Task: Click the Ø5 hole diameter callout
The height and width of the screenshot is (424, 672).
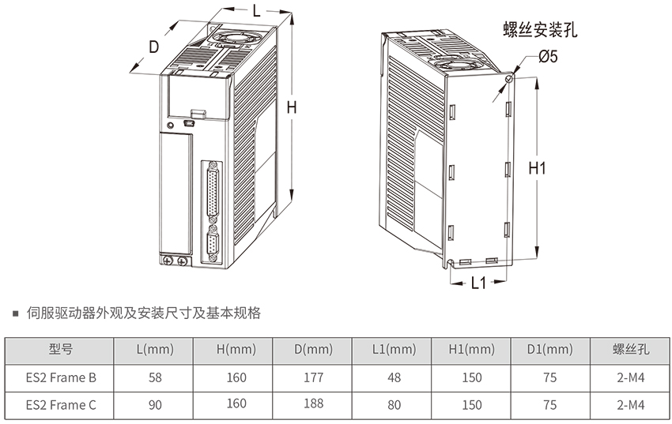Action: click(548, 56)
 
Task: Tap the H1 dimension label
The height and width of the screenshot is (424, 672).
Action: click(537, 168)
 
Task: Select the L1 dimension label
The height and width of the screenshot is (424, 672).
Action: click(479, 283)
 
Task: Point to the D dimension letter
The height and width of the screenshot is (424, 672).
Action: click(153, 47)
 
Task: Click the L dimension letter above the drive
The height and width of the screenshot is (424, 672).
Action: click(256, 10)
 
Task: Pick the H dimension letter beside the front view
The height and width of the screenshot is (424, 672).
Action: click(292, 107)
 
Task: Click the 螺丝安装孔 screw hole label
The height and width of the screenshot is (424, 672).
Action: click(540, 29)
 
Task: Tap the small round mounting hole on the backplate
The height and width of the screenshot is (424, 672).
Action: click(509, 79)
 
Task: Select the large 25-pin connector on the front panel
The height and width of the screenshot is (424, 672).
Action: click(213, 192)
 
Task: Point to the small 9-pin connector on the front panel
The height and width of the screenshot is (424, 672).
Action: click(213, 245)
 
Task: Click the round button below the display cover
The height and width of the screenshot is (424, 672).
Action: click(170, 126)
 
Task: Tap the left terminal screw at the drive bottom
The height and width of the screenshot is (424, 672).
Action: click(168, 260)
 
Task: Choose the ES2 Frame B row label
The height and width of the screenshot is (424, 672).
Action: click(61, 377)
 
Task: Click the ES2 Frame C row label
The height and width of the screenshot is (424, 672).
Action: click(61, 405)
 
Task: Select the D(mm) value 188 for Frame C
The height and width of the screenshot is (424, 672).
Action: click(313, 403)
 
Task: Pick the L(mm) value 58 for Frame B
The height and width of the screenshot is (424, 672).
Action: click(155, 377)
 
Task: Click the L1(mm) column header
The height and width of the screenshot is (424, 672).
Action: click(394, 350)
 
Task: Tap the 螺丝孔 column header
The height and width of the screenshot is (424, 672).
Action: click(630, 349)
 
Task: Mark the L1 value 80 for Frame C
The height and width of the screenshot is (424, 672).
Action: click(394, 405)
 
